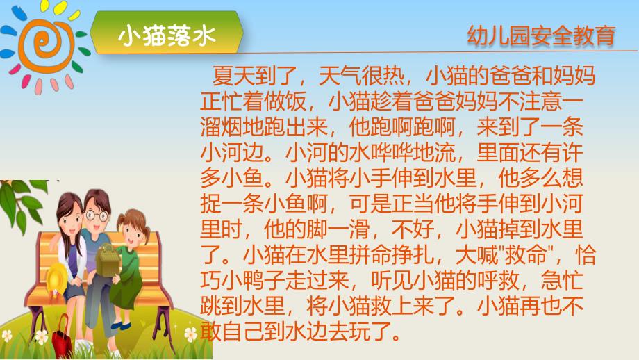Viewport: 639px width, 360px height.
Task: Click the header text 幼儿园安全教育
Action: (542, 35)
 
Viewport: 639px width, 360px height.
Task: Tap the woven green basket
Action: (107, 256)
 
